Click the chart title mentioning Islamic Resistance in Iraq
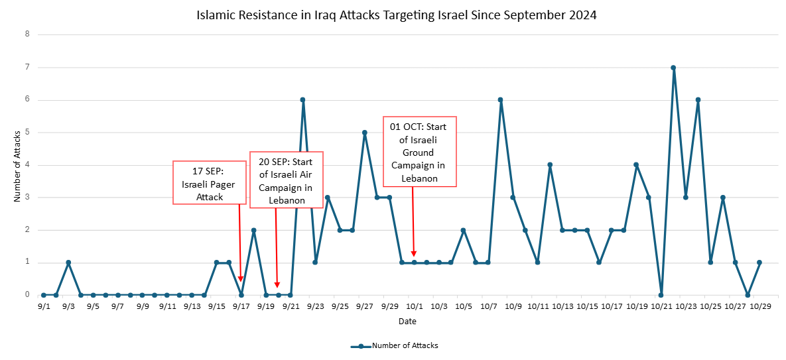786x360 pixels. [x=397, y=15]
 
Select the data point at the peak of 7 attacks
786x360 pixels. [x=673, y=68]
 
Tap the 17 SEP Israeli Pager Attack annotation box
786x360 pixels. [x=208, y=182]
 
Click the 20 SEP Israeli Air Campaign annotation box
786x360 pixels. [x=286, y=179]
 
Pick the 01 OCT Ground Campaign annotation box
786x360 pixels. [x=420, y=151]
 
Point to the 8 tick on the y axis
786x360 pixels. [x=27, y=34]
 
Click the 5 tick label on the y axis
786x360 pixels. [x=27, y=133]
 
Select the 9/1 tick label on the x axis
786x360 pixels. [x=44, y=307]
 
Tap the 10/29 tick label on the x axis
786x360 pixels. [x=759, y=307]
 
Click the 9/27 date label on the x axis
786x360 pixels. [x=364, y=307]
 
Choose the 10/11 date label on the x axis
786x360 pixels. [x=538, y=307]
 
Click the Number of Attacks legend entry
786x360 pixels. [x=395, y=345]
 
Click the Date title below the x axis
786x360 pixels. [x=407, y=322]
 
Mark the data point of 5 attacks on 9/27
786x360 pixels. [x=364, y=133]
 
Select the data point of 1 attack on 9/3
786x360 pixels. [x=68, y=263]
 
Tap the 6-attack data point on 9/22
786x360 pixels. [x=302, y=100]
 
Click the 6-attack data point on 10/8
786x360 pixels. [x=500, y=100]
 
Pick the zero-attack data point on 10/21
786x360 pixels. [x=661, y=295]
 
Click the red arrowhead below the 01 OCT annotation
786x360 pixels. [x=414, y=253]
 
